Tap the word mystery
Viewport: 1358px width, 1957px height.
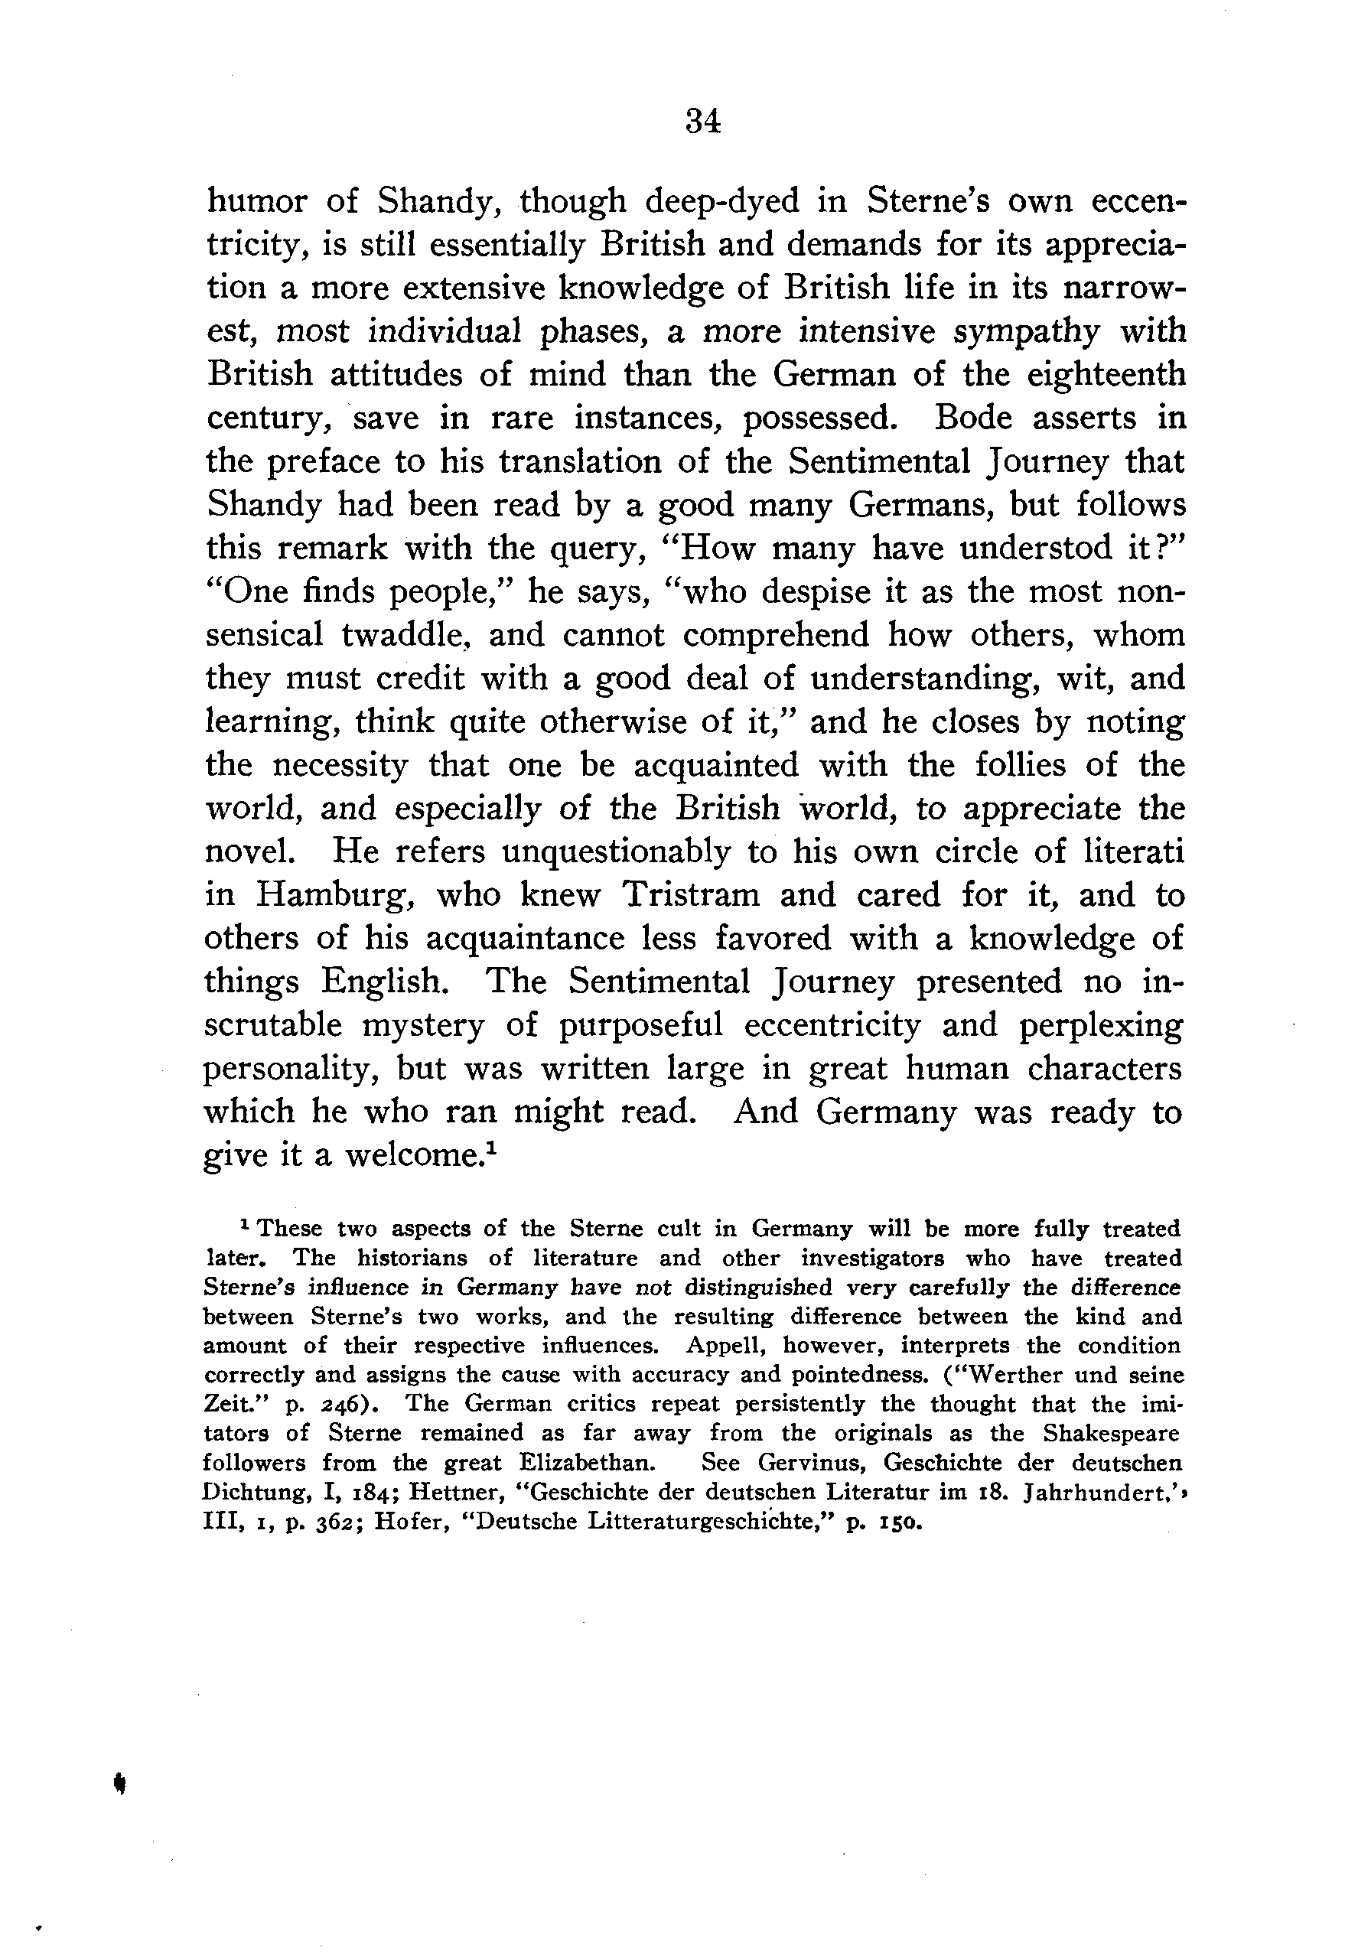(x=423, y=1025)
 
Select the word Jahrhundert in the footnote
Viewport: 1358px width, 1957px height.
(x=1093, y=1493)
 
